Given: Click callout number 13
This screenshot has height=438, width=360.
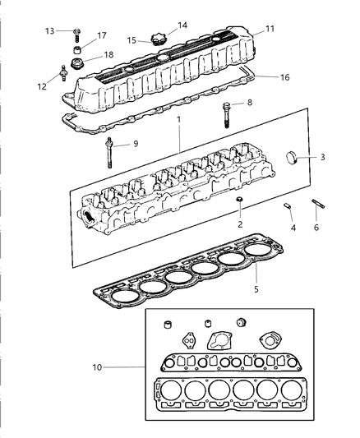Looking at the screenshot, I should (49, 30).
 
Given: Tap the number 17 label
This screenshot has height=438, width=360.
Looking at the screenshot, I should (102, 35).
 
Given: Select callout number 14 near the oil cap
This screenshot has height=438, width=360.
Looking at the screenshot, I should (182, 25).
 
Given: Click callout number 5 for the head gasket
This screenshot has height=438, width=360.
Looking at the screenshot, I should (256, 289).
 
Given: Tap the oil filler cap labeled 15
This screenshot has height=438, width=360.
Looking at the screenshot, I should (155, 38).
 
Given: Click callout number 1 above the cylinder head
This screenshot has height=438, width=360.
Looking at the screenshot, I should (179, 120).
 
